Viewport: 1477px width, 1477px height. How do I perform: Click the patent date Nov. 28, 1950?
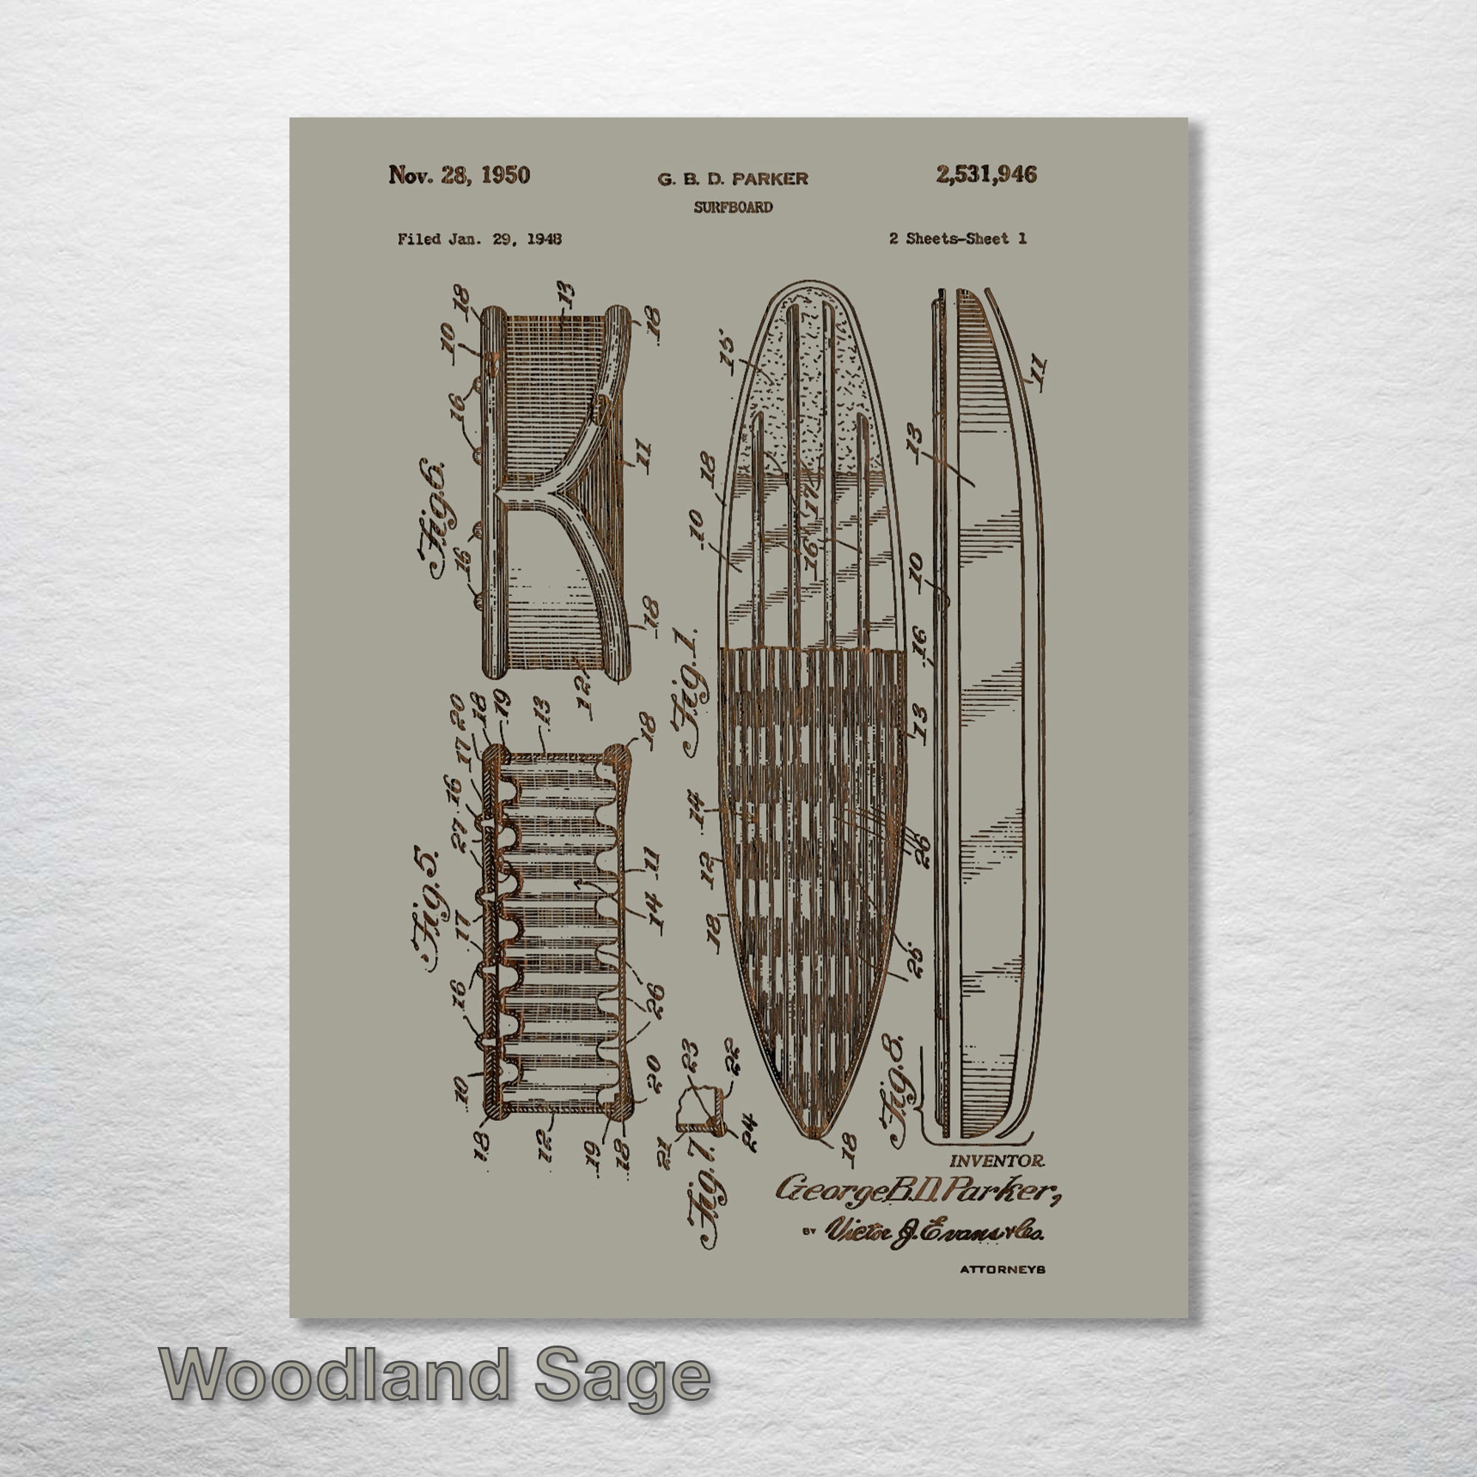coord(459,175)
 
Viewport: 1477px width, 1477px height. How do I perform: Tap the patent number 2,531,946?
coord(986,175)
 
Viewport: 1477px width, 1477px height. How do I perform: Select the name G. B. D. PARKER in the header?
coord(733,179)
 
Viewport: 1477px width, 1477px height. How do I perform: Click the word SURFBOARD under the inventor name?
coord(733,208)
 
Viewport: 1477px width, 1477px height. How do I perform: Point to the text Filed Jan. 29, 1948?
coord(479,239)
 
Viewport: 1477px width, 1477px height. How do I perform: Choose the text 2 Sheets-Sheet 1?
coord(957,239)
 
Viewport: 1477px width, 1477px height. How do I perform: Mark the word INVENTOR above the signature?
coord(997,1160)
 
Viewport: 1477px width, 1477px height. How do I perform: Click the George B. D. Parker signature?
coord(917,1190)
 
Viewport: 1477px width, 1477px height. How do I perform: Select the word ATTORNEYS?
coord(1002,1269)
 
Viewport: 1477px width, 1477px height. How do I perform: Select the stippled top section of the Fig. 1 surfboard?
coord(810,383)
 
